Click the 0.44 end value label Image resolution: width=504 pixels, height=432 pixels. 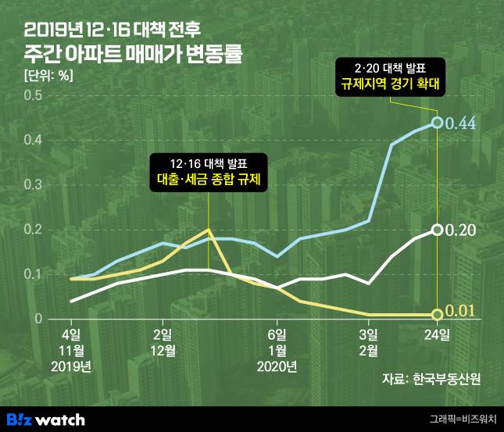(x=462, y=123)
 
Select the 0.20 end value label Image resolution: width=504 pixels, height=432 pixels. (x=461, y=230)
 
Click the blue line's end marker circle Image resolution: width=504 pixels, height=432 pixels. (x=438, y=123)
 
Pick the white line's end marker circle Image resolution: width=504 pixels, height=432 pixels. (x=438, y=230)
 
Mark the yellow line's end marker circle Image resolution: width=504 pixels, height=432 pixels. (x=438, y=314)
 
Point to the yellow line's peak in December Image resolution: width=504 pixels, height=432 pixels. (x=208, y=230)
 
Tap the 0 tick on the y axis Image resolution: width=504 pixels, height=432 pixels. (x=36, y=319)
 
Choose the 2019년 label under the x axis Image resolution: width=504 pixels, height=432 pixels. (x=71, y=366)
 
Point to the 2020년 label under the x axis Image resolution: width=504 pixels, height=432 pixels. (x=277, y=366)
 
